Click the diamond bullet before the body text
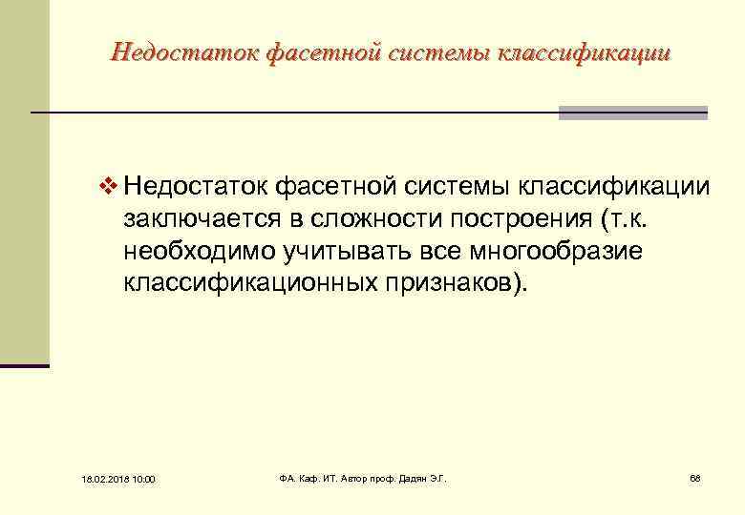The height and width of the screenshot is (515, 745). click(x=106, y=183)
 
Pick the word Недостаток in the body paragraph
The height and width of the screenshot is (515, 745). click(x=195, y=183)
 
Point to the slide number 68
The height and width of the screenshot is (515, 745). click(x=694, y=477)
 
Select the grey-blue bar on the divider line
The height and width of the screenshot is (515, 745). click(x=632, y=113)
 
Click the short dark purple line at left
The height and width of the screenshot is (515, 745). click(x=24, y=365)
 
